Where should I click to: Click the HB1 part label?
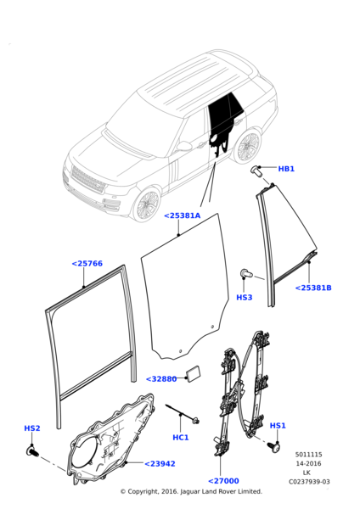click(286, 169)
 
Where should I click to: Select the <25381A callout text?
click(182, 215)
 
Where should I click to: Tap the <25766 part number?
click(86, 264)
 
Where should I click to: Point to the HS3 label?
click(244, 298)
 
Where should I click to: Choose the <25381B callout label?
click(312, 288)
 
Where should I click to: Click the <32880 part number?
click(161, 379)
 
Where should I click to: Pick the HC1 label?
click(180, 438)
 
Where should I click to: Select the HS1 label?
click(278, 426)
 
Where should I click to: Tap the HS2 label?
click(32, 428)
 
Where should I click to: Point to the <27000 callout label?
click(223, 481)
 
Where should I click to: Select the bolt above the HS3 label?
click(247, 272)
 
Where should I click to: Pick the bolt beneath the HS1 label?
click(273, 445)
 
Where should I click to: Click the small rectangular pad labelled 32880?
click(194, 372)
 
